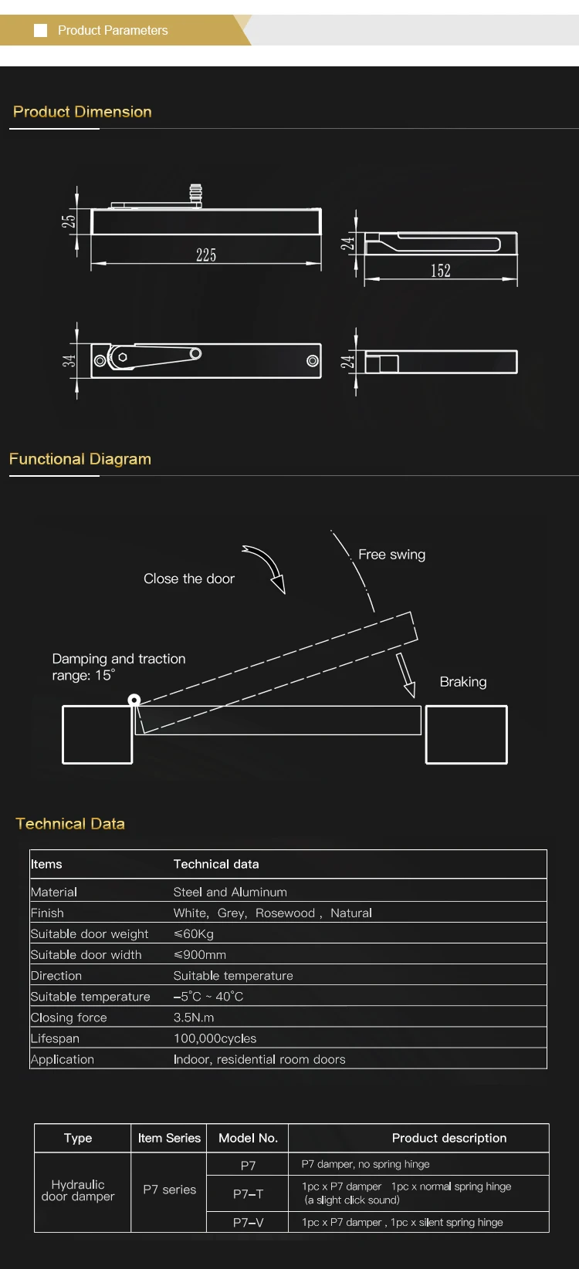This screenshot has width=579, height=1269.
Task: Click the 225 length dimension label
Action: click(206, 255)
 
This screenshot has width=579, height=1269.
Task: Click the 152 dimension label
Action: click(440, 271)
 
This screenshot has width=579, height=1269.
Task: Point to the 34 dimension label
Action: click(69, 361)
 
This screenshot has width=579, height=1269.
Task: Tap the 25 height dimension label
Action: click(69, 221)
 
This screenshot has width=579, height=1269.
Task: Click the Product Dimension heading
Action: click(83, 112)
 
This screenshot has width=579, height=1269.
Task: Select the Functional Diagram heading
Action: click(80, 459)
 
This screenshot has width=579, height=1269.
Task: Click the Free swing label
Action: click(391, 555)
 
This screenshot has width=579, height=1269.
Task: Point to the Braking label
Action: click(463, 682)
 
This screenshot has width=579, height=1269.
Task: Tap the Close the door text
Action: click(189, 579)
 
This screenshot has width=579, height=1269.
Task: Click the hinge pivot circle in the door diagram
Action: click(134, 700)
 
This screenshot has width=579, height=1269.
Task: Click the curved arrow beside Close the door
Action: click(266, 568)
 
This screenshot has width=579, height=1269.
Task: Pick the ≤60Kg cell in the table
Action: click(194, 934)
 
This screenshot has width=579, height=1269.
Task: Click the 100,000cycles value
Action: click(215, 1038)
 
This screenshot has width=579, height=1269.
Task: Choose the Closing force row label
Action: click(69, 1018)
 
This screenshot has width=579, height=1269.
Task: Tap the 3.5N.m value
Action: click(194, 1018)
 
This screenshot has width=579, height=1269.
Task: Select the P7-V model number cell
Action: click(248, 1223)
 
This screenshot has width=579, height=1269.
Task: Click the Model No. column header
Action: click(248, 1138)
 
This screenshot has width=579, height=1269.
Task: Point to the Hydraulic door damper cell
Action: click(78, 1190)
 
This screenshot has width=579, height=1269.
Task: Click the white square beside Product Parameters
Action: click(41, 31)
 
